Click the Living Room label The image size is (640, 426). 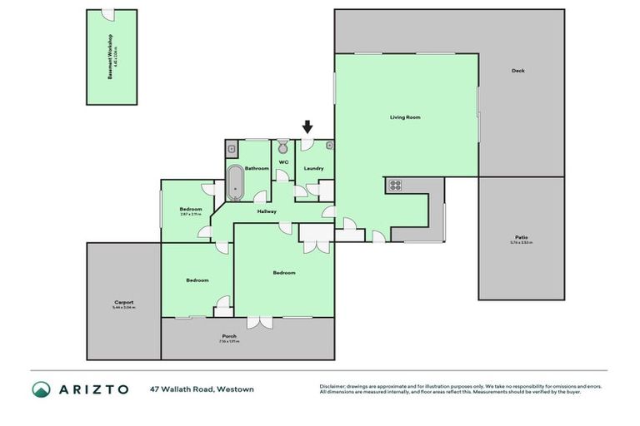point(405,117)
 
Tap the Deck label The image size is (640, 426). point(518,71)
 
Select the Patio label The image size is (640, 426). point(521,237)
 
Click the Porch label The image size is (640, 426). point(228,335)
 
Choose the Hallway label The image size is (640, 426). point(267,211)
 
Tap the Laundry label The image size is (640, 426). point(313,168)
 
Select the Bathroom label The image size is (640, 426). point(257,168)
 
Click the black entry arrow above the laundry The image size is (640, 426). point(307,127)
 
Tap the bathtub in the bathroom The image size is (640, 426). point(236,183)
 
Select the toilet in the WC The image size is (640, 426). point(282,146)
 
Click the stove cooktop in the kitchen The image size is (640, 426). point(394,186)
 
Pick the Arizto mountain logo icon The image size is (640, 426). point(42,389)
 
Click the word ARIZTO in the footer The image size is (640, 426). point(92,389)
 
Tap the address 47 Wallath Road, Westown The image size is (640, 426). point(202,389)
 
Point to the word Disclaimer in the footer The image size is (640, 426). point(332,386)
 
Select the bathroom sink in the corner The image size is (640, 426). point(232,149)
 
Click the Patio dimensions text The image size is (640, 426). point(521,243)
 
